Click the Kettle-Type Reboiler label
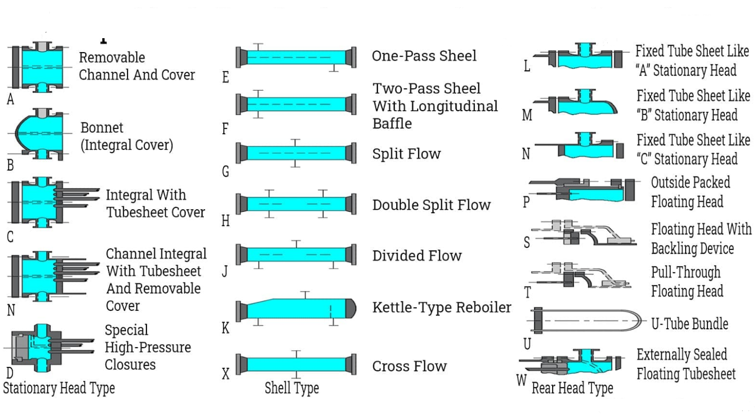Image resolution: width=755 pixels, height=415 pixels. (441, 307)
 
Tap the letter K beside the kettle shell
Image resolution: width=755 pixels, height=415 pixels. (225, 328)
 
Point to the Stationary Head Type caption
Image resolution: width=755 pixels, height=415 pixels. (59, 388)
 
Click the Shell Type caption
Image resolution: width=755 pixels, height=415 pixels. (292, 388)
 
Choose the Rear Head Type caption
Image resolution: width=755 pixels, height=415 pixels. (572, 388)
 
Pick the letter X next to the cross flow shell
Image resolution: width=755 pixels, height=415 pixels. (226, 374)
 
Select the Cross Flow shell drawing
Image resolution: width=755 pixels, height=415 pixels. (296, 364)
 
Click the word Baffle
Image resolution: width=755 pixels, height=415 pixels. (392, 123)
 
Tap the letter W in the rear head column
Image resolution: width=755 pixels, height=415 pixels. (521, 381)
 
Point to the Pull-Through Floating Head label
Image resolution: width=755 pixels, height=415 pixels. (687, 282)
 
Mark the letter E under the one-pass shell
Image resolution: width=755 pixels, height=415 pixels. (226, 77)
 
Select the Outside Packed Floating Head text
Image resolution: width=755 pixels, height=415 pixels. (690, 192)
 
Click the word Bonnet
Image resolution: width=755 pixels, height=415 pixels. (102, 128)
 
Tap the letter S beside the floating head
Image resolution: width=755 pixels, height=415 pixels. (527, 242)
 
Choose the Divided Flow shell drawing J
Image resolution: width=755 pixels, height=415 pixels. (296, 255)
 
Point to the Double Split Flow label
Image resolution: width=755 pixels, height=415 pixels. (431, 205)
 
